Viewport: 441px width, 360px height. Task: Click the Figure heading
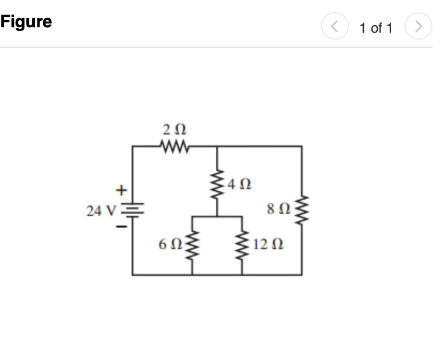(x=26, y=22)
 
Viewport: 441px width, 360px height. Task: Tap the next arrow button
(x=420, y=27)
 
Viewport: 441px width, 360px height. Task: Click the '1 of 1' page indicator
(x=376, y=28)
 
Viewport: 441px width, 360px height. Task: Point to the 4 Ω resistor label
(x=238, y=186)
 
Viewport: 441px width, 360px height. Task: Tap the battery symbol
(x=133, y=209)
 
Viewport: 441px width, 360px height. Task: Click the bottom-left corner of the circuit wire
(x=133, y=274)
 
